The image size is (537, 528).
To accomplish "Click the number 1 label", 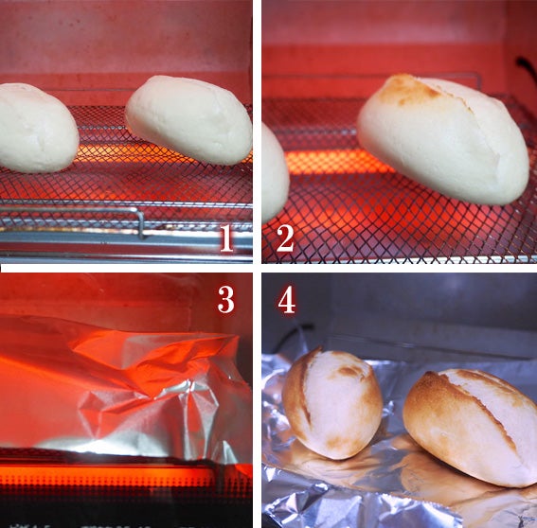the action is click(x=226, y=238).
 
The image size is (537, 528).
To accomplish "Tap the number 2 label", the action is click(x=285, y=238).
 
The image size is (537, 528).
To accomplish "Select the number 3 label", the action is click(x=226, y=300).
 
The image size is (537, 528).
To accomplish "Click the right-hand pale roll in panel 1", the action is click(x=189, y=120).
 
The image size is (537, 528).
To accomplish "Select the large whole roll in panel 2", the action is click(x=443, y=138).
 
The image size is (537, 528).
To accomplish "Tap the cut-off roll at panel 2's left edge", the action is click(x=275, y=173).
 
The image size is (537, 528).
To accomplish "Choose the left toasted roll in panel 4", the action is click(x=332, y=404).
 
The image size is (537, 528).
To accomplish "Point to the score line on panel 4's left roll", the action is click(x=306, y=387).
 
